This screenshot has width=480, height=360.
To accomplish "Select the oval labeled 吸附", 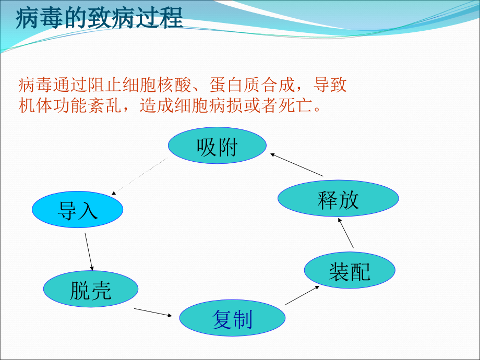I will (x=217, y=147).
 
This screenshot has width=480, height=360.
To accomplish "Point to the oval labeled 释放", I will (x=338, y=199).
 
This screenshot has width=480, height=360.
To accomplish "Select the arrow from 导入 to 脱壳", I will (x=89, y=251).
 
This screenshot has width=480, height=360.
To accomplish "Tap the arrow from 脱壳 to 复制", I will (x=153, y=312).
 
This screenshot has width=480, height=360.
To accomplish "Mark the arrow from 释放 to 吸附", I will (x=296, y=164).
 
